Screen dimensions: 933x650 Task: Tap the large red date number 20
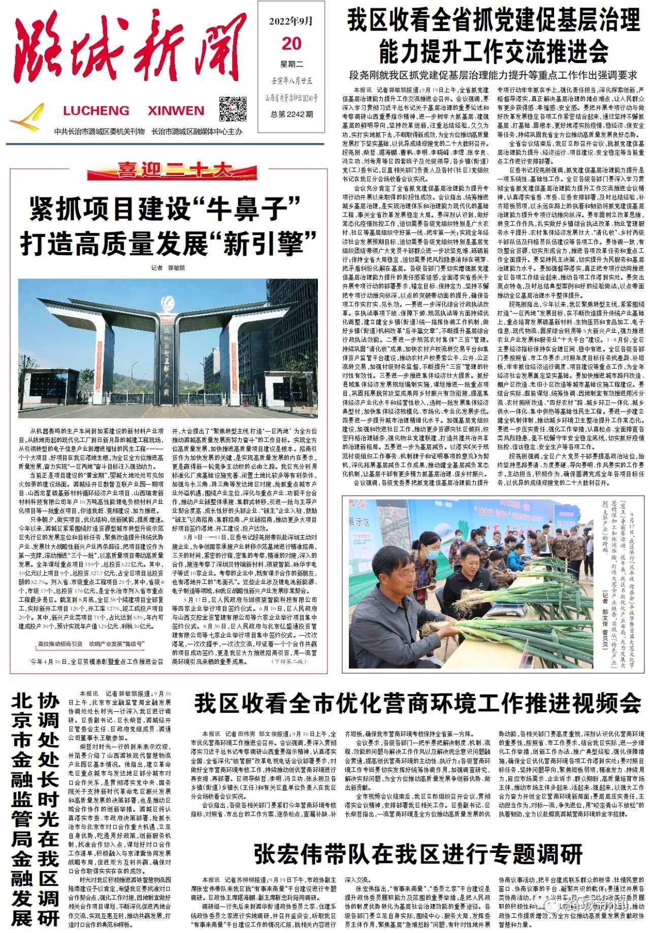(291, 44)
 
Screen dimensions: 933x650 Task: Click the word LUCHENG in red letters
(96, 111)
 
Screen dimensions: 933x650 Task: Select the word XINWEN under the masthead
(176, 111)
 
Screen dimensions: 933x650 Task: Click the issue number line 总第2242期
(291, 114)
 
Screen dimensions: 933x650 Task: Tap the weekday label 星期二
(291, 64)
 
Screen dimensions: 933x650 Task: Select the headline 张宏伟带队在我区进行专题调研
(418, 854)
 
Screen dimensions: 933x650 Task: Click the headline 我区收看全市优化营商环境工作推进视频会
(418, 704)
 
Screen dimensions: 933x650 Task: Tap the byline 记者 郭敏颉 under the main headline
(168, 268)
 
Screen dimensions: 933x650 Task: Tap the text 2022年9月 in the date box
(291, 21)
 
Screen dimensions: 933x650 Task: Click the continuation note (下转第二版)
(289, 662)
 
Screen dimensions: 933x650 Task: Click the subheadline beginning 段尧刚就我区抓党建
(493, 75)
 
